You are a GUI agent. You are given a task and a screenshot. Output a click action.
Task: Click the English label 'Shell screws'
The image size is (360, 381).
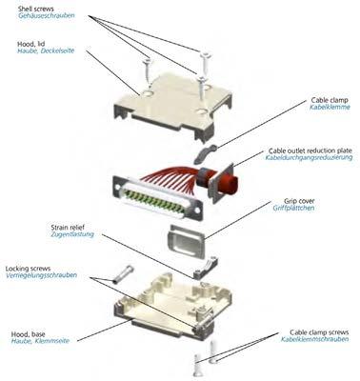pyautogui.click(x=35, y=8)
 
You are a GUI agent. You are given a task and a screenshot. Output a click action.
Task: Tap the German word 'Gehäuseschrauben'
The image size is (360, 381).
pyautogui.click(x=47, y=15)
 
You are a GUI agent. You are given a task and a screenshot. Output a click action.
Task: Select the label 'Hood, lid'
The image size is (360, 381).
pyautogui.click(x=31, y=44)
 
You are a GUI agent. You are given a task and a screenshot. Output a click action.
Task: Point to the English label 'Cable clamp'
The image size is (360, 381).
pyautogui.click(x=330, y=100)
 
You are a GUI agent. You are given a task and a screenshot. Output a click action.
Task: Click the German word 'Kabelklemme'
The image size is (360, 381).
pyautogui.click(x=330, y=108)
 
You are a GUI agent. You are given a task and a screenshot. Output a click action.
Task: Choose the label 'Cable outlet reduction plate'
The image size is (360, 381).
pyautogui.click(x=310, y=150)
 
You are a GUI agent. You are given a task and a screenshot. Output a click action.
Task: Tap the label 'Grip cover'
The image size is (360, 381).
pyautogui.click(x=299, y=201)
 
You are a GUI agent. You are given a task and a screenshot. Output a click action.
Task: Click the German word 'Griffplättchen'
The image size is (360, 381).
pyautogui.click(x=293, y=209)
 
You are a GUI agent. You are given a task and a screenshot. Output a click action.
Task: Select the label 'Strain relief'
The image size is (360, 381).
pyautogui.click(x=68, y=228)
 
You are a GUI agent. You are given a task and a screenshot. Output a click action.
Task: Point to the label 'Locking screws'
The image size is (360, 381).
pyautogui.click(x=28, y=269)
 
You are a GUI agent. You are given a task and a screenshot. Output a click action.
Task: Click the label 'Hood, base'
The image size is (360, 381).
pyautogui.click(x=29, y=334)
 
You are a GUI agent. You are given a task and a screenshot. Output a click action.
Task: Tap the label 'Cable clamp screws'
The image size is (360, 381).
pyautogui.click(x=319, y=332)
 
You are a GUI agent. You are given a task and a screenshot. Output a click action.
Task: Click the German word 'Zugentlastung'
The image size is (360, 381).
pyautogui.click(x=72, y=234)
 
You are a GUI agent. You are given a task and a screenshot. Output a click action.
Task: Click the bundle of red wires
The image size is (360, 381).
pyautogui.click(x=173, y=178)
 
